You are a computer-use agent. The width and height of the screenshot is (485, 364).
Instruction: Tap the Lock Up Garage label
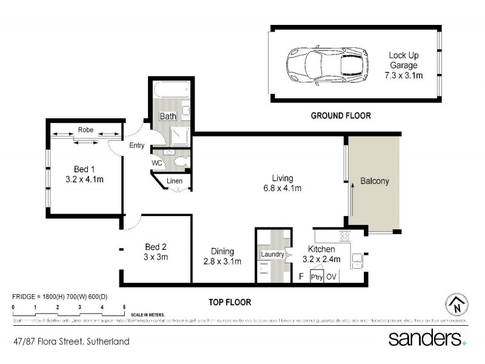404,66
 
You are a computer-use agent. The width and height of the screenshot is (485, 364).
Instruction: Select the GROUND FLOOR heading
341,115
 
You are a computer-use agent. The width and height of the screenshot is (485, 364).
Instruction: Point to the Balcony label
374,181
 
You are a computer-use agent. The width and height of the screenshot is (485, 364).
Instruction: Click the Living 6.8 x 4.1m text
283,183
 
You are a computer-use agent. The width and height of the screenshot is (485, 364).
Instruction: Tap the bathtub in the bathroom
170,91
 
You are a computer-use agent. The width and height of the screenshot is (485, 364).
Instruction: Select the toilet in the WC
180,162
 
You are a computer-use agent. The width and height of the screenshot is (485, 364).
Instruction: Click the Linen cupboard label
175,181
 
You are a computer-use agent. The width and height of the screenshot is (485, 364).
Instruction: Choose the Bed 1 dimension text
84,180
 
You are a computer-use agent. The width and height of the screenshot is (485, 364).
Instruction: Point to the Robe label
85,129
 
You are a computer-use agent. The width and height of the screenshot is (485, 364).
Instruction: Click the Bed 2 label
156,247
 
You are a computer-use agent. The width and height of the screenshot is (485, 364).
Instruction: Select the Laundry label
272,254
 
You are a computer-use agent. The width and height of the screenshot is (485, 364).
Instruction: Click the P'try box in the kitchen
316,277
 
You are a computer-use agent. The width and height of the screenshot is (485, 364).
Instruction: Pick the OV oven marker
332,277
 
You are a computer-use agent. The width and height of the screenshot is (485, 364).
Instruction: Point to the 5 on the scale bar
124,308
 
